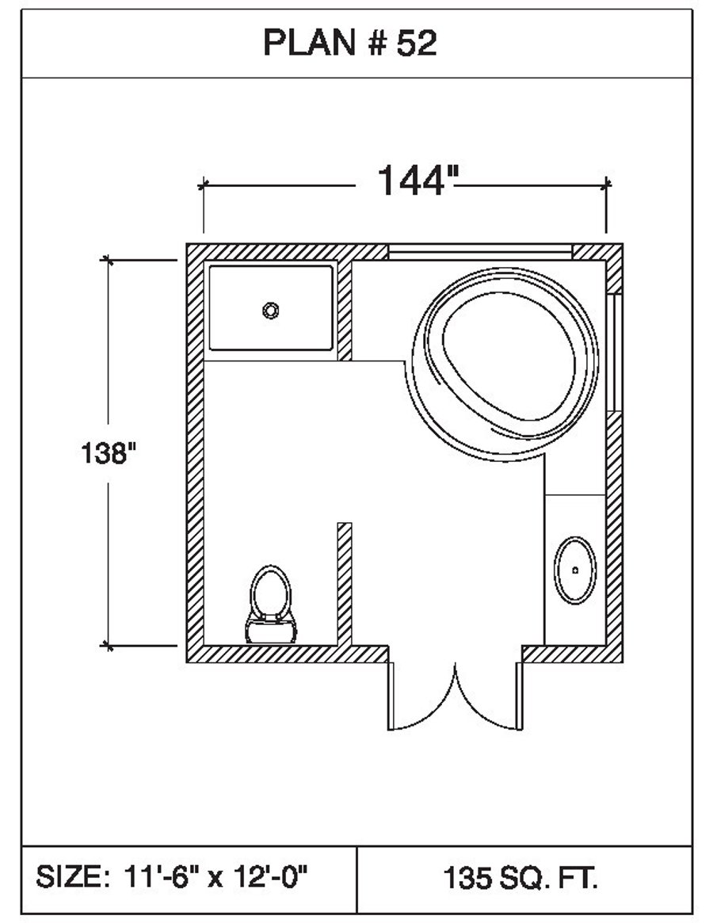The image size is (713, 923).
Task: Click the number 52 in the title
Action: click(417, 43)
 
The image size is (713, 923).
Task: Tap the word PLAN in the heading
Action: click(310, 43)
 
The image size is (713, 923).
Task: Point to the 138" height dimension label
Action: click(109, 453)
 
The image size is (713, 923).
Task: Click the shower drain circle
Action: click(271, 311)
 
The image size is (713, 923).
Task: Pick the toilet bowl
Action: click(271, 590)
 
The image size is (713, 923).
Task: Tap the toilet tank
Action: click(271, 630)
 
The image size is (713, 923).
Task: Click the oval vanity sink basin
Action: click(574, 570)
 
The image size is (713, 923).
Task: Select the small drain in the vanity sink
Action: click(575, 570)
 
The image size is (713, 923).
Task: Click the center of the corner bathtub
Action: click(505, 363)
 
